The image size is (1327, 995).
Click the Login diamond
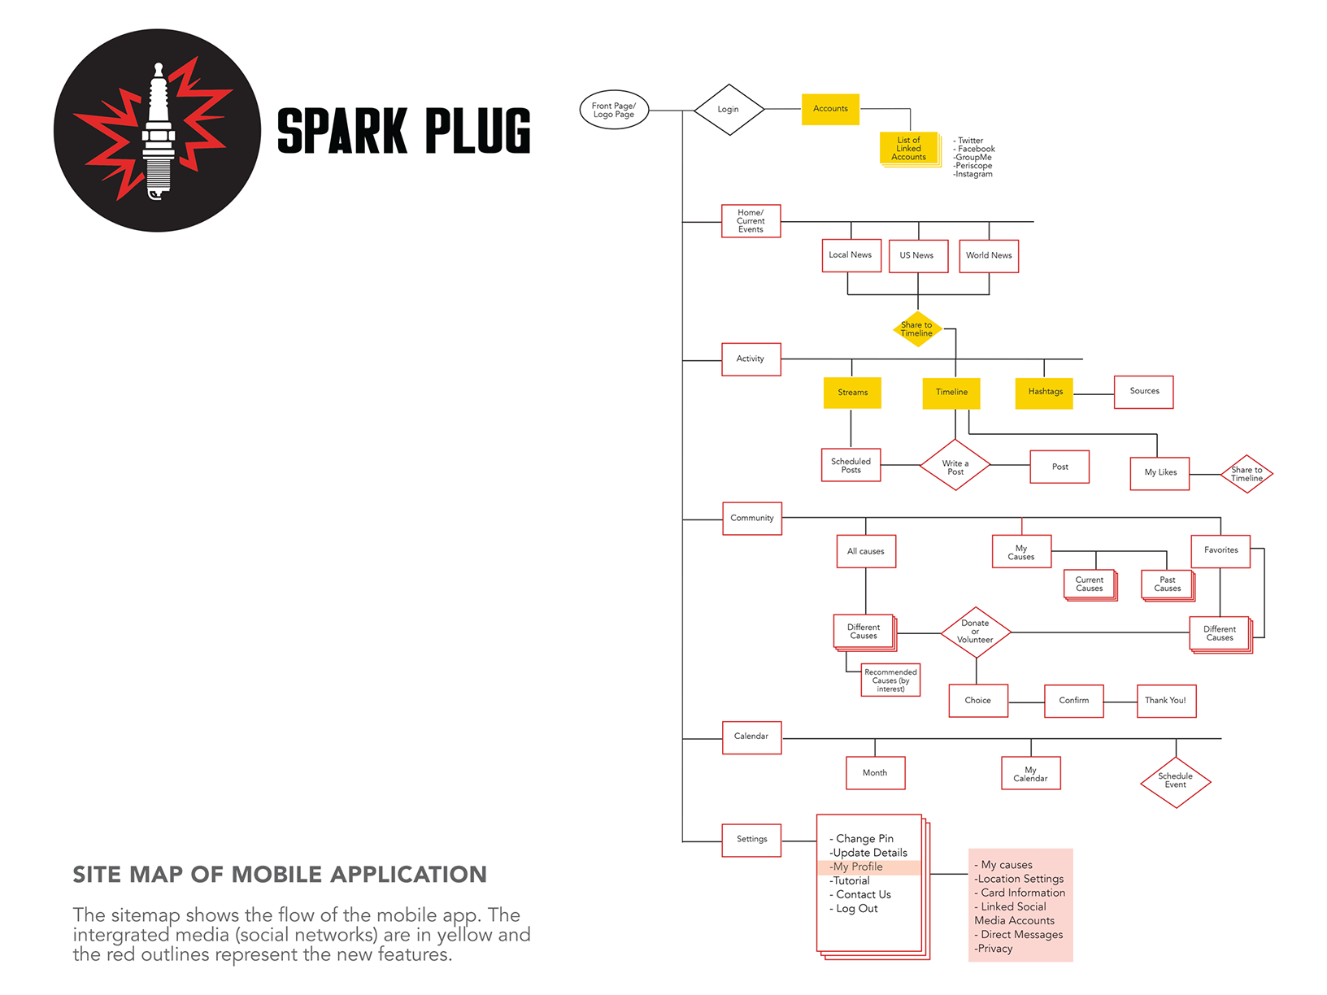pyautogui.click(x=729, y=110)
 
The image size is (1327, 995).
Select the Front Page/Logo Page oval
pyautogui.click(x=614, y=110)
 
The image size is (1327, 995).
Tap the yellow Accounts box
pyautogui.click(x=830, y=109)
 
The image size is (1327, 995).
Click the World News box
pyautogui.click(x=989, y=255)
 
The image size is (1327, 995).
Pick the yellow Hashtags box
pyautogui.click(x=1044, y=393)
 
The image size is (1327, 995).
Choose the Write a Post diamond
pyautogui.click(x=955, y=464)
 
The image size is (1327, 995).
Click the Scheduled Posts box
pyautogui.click(x=851, y=464)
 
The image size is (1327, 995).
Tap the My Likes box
pyautogui.click(x=1159, y=473)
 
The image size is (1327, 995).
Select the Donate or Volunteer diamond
pyautogui.click(x=975, y=632)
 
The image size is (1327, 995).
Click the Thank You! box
pyautogui.click(x=1166, y=701)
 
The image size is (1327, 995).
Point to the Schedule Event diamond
pyautogui.click(x=1175, y=782)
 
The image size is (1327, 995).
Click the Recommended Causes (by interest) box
pyautogui.click(x=890, y=680)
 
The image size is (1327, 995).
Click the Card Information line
pyautogui.click(x=1020, y=893)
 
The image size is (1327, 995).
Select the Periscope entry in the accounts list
pyautogui.click(x=972, y=166)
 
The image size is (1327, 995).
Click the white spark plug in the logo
pyautogui.click(x=159, y=131)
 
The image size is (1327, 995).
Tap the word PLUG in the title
pyautogui.click(x=477, y=131)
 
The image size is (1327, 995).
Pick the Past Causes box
pyautogui.click(x=1168, y=584)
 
